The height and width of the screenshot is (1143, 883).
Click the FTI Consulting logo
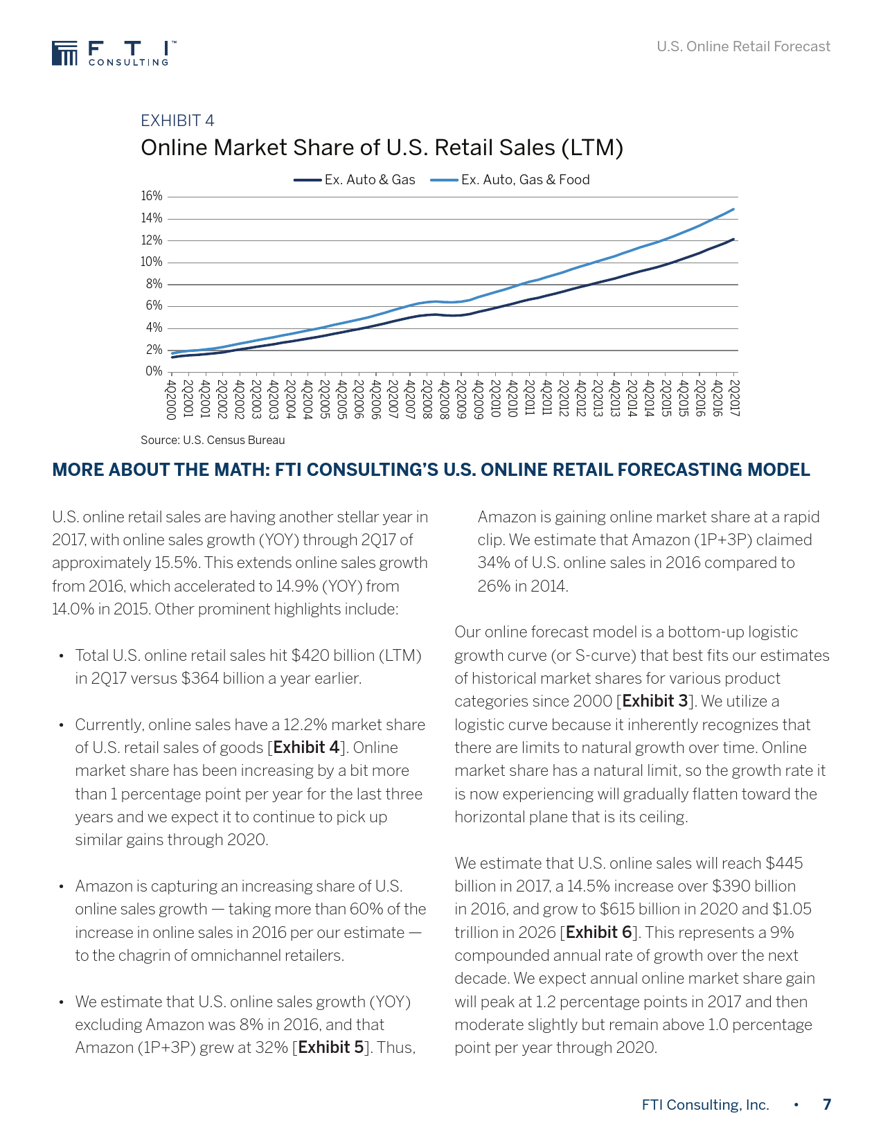pyautogui.click(x=110, y=53)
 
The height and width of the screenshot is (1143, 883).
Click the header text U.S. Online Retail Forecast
pyautogui.click(x=743, y=46)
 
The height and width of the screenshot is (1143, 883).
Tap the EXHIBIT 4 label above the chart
pyautogui.click(x=177, y=121)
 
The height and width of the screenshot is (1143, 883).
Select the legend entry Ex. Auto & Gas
pyautogui.click(x=355, y=179)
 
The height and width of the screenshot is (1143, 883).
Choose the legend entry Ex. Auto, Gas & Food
pyautogui.click(x=510, y=179)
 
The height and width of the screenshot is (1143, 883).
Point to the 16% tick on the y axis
pyautogui.click(x=152, y=196)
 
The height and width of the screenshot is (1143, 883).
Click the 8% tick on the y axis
pyautogui.click(x=154, y=284)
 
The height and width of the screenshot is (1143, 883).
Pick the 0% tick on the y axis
pyautogui.click(x=154, y=371)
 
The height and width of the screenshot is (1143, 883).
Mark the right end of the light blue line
pyautogui.click(x=733, y=209)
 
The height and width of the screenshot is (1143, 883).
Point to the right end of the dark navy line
pyautogui.click(x=733, y=239)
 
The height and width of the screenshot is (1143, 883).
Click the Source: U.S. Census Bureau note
pyautogui.click(x=213, y=440)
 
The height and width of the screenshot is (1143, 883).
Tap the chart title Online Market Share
pyautogui.click(x=382, y=148)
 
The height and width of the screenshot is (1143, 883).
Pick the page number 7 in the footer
pyautogui.click(x=827, y=1104)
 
